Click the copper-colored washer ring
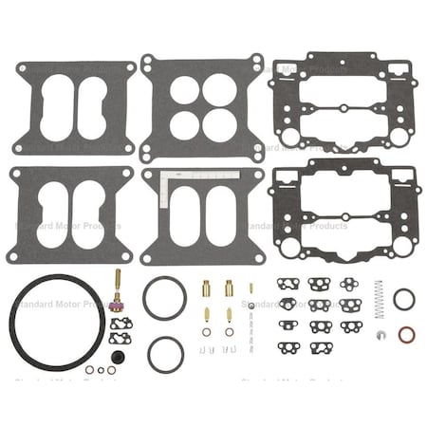pyautogui.click(x=403, y=335)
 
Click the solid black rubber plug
pyautogui.click(x=119, y=356)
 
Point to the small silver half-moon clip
pyautogui.click(x=379, y=335)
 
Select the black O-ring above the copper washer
pyautogui.click(x=403, y=299)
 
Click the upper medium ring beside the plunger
pyautogui.click(x=163, y=297)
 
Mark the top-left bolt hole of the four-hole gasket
pyautogui.click(x=153, y=65)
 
